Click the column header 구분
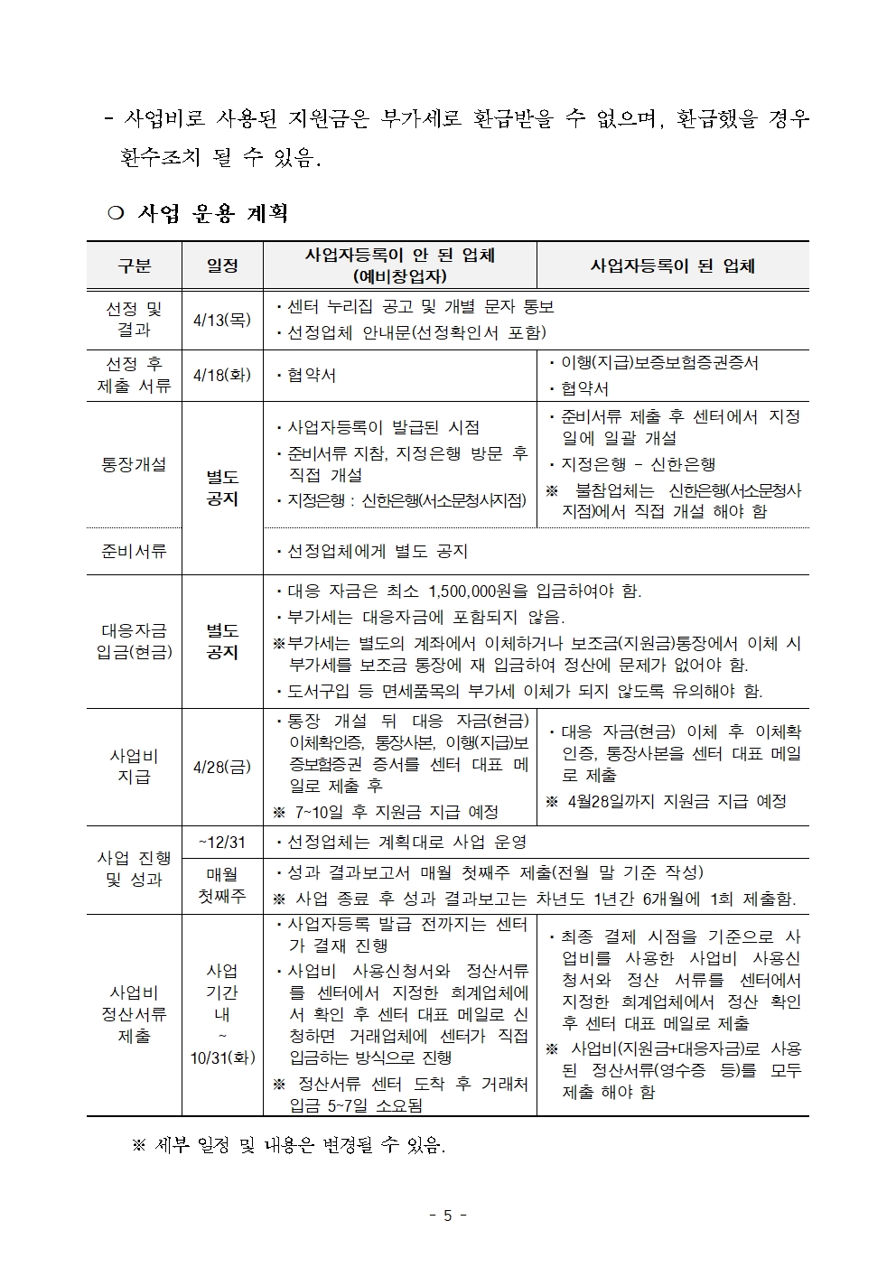pyautogui.click(x=134, y=266)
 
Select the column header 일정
pyautogui.click(x=222, y=266)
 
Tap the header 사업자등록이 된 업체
pyautogui.click(x=672, y=266)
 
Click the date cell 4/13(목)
pyautogui.click(x=222, y=320)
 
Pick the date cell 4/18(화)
pyautogui.click(x=222, y=375)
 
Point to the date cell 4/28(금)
pyautogui.click(x=222, y=768)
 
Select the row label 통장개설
pyautogui.click(x=134, y=464)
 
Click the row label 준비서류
pyautogui.click(x=134, y=551)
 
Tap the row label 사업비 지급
pyautogui.click(x=134, y=767)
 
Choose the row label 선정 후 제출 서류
pyautogui.click(x=134, y=375)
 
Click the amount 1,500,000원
pyautogui.click(x=477, y=592)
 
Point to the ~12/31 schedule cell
pyautogui.click(x=222, y=842)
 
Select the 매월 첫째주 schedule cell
pyautogui.click(x=222, y=885)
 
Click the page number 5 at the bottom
pyautogui.click(x=447, y=1216)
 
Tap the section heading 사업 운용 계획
pyautogui.click(x=213, y=213)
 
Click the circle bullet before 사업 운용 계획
pyautogui.click(x=115, y=214)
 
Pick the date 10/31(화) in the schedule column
pyautogui.click(x=222, y=1057)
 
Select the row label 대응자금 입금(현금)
pyautogui.click(x=134, y=641)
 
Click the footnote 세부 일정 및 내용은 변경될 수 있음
pyautogui.click(x=298, y=1146)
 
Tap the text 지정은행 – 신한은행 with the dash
pyautogui.click(x=638, y=464)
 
